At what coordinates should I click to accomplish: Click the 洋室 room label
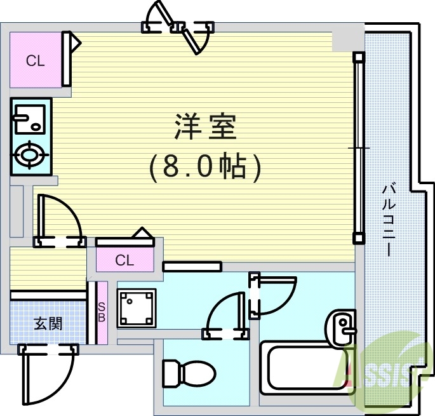pos(205,128)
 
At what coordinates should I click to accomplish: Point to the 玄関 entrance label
pos(48,323)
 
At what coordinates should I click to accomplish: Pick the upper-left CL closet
pos(35,61)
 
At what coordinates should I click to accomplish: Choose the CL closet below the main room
pos(124,260)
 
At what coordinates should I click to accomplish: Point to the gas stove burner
pos(29,154)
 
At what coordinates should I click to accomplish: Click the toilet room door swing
pos(224,314)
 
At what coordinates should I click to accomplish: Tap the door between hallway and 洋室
pos(60,220)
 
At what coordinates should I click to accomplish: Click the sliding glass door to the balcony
pos(359,147)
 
